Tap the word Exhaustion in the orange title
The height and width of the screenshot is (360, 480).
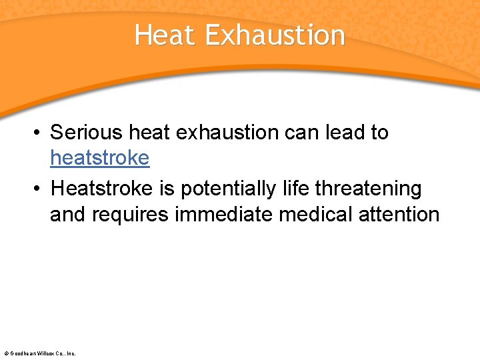point(275,35)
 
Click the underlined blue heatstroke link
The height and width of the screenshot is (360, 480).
point(100,158)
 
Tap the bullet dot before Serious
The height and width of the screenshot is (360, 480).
point(38,133)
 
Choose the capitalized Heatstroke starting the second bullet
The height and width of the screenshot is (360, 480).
point(102,189)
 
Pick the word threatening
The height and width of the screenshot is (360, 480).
point(369,189)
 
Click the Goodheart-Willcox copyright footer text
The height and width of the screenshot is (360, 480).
point(40,353)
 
